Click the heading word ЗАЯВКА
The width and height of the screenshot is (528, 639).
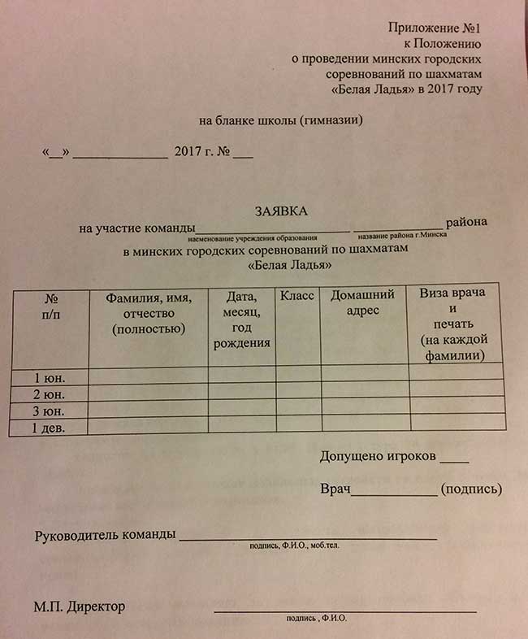[281, 211]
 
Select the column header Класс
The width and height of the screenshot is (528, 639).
[297, 297]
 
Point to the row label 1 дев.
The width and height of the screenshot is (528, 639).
[49, 427]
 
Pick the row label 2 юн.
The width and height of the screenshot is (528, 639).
[49, 394]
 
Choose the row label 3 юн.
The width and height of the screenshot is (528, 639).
[49, 411]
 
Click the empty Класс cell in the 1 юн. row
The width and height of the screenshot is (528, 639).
[298, 376]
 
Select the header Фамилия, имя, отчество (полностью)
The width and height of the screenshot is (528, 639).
[149, 314]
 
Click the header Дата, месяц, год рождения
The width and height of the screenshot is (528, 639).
[241, 320]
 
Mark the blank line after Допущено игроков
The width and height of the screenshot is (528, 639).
[456, 460]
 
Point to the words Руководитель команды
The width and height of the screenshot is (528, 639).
[105, 535]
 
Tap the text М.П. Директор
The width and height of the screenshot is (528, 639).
[80, 606]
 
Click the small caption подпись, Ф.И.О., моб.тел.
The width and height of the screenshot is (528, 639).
[294, 546]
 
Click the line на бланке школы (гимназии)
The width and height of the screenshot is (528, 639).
[280, 120]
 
